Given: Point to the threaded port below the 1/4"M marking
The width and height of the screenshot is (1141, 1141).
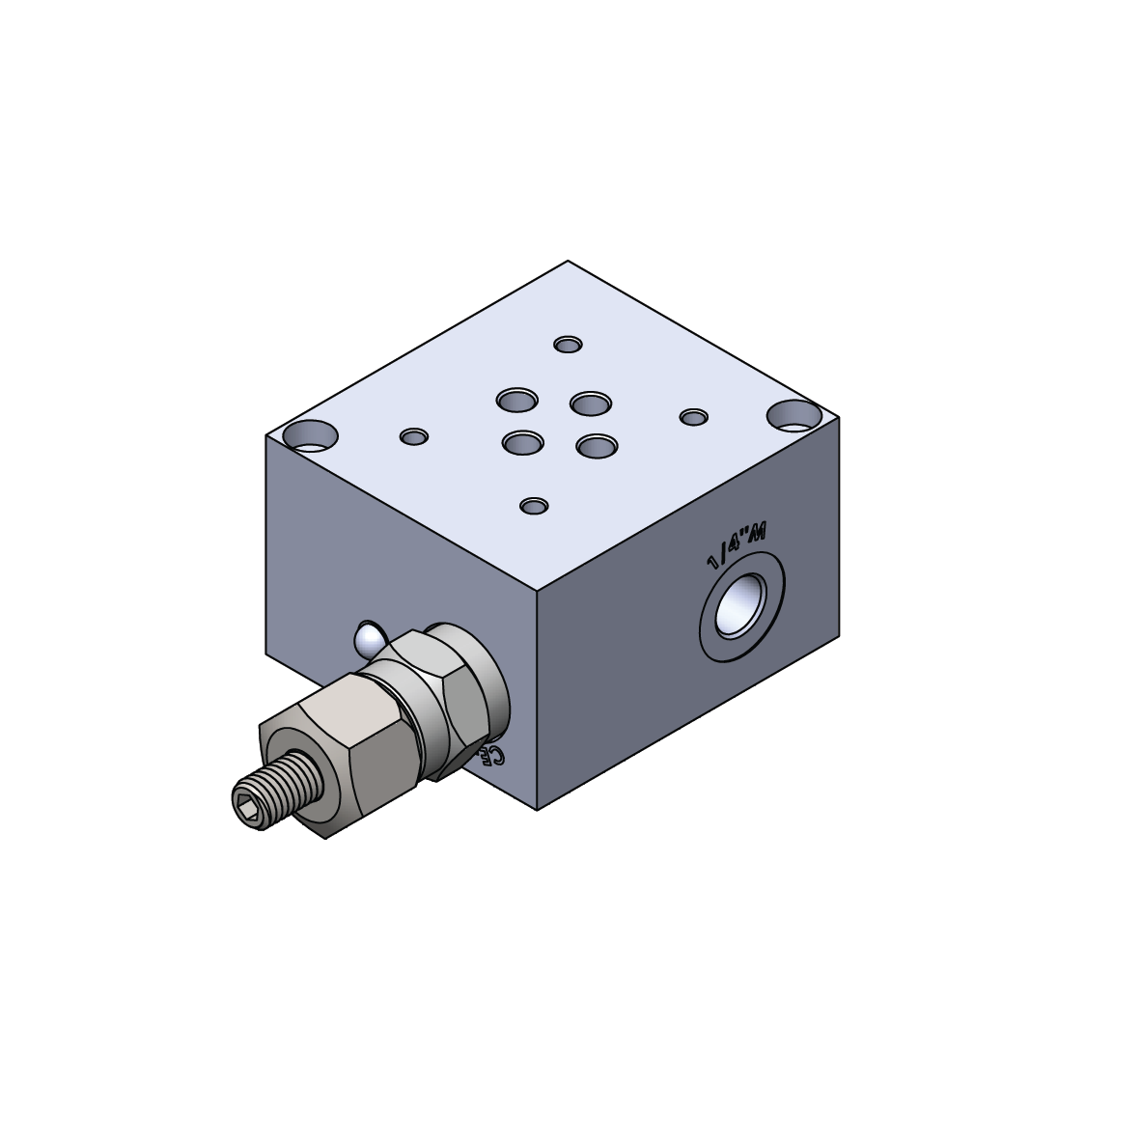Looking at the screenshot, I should point(741,607).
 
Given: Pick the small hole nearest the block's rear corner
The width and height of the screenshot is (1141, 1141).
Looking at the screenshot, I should point(569,345).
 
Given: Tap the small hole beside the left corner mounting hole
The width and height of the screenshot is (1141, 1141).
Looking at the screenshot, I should point(414,436).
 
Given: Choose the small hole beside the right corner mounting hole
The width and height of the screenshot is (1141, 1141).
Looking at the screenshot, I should point(693,417).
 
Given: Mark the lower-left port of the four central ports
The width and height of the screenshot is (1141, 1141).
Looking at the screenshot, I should point(522,443).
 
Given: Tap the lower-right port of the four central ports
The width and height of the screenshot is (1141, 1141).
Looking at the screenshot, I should point(596,445).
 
